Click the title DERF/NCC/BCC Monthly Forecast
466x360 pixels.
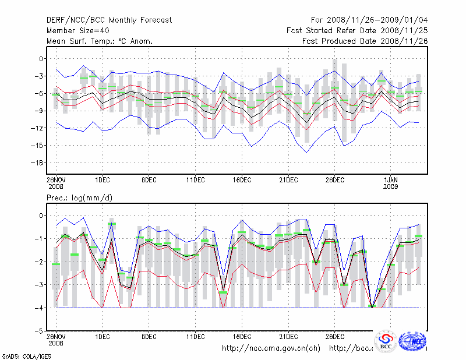pos(110,20)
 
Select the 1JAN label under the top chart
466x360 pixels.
pos(391,180)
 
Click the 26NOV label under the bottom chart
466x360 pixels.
pos(56,337)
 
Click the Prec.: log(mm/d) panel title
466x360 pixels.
pos(79,199)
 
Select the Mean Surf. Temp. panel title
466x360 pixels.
pos(100,41)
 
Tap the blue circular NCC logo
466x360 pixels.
pos(415,341)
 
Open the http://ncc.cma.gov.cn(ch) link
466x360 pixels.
pos(271,348)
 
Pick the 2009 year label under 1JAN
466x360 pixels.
pos(391,187)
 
